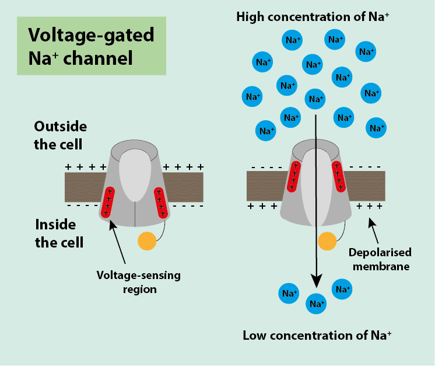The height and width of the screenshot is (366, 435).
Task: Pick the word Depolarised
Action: click(380, 253)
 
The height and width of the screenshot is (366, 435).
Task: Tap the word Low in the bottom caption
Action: click(255, 336)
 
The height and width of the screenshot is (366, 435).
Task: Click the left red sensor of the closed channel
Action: click(107, 202)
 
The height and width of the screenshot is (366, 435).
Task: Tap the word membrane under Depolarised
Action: click(379, 266)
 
